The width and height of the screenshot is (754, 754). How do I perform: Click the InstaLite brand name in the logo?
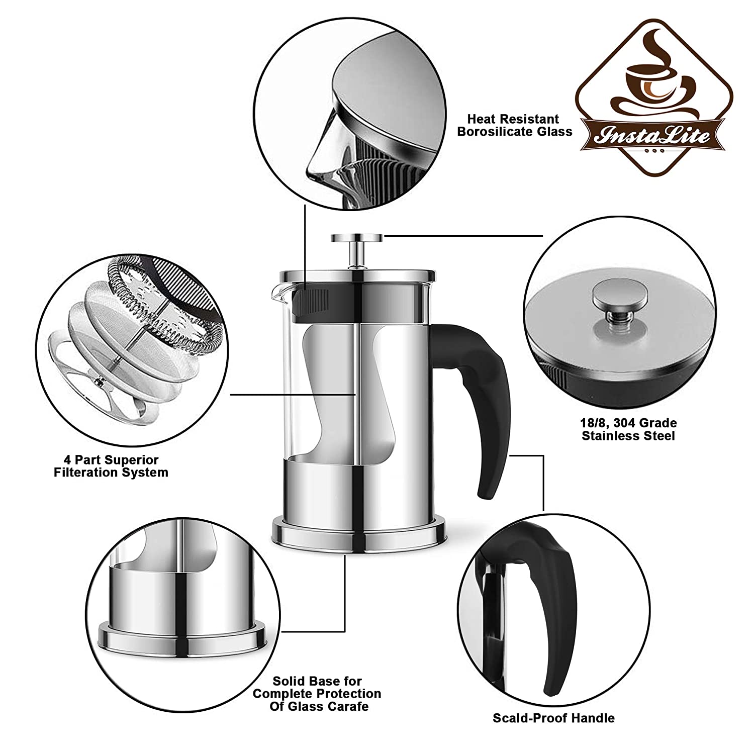(653, 135)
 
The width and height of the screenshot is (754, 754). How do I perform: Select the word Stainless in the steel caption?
(607, 435)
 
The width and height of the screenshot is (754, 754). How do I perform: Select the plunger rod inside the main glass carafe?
(356, 376)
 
